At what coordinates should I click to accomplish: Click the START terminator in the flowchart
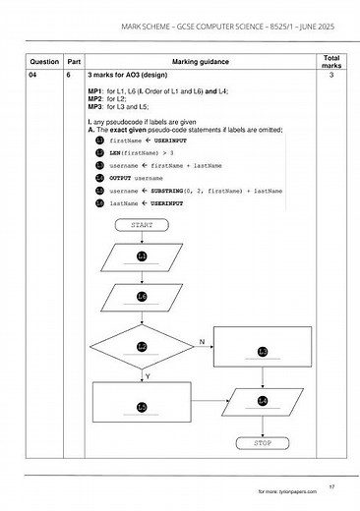pyautogui.click(x=142, y=224)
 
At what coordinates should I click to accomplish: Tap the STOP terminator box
pyautogui.click(x=263, y=442)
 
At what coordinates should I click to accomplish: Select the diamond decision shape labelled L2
pyautogui.click(x=142, y=346)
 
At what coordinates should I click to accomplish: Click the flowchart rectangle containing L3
pyautogui.click(x=263, y=350)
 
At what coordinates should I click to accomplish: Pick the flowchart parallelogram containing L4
pyautogui.click(x=263, y=400)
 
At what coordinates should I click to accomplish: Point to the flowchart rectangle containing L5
pyautogui.click(x=142, y=406)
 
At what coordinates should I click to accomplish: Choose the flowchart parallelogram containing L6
pyautogui.click(x=142, y=296)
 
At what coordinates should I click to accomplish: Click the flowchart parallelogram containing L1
pyautogui.click(x=142, y=255)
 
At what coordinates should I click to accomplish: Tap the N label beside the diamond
pyautogui.click(x=201, y=341)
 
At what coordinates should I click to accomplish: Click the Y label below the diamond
pyautogui.click(x=147, y=376)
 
